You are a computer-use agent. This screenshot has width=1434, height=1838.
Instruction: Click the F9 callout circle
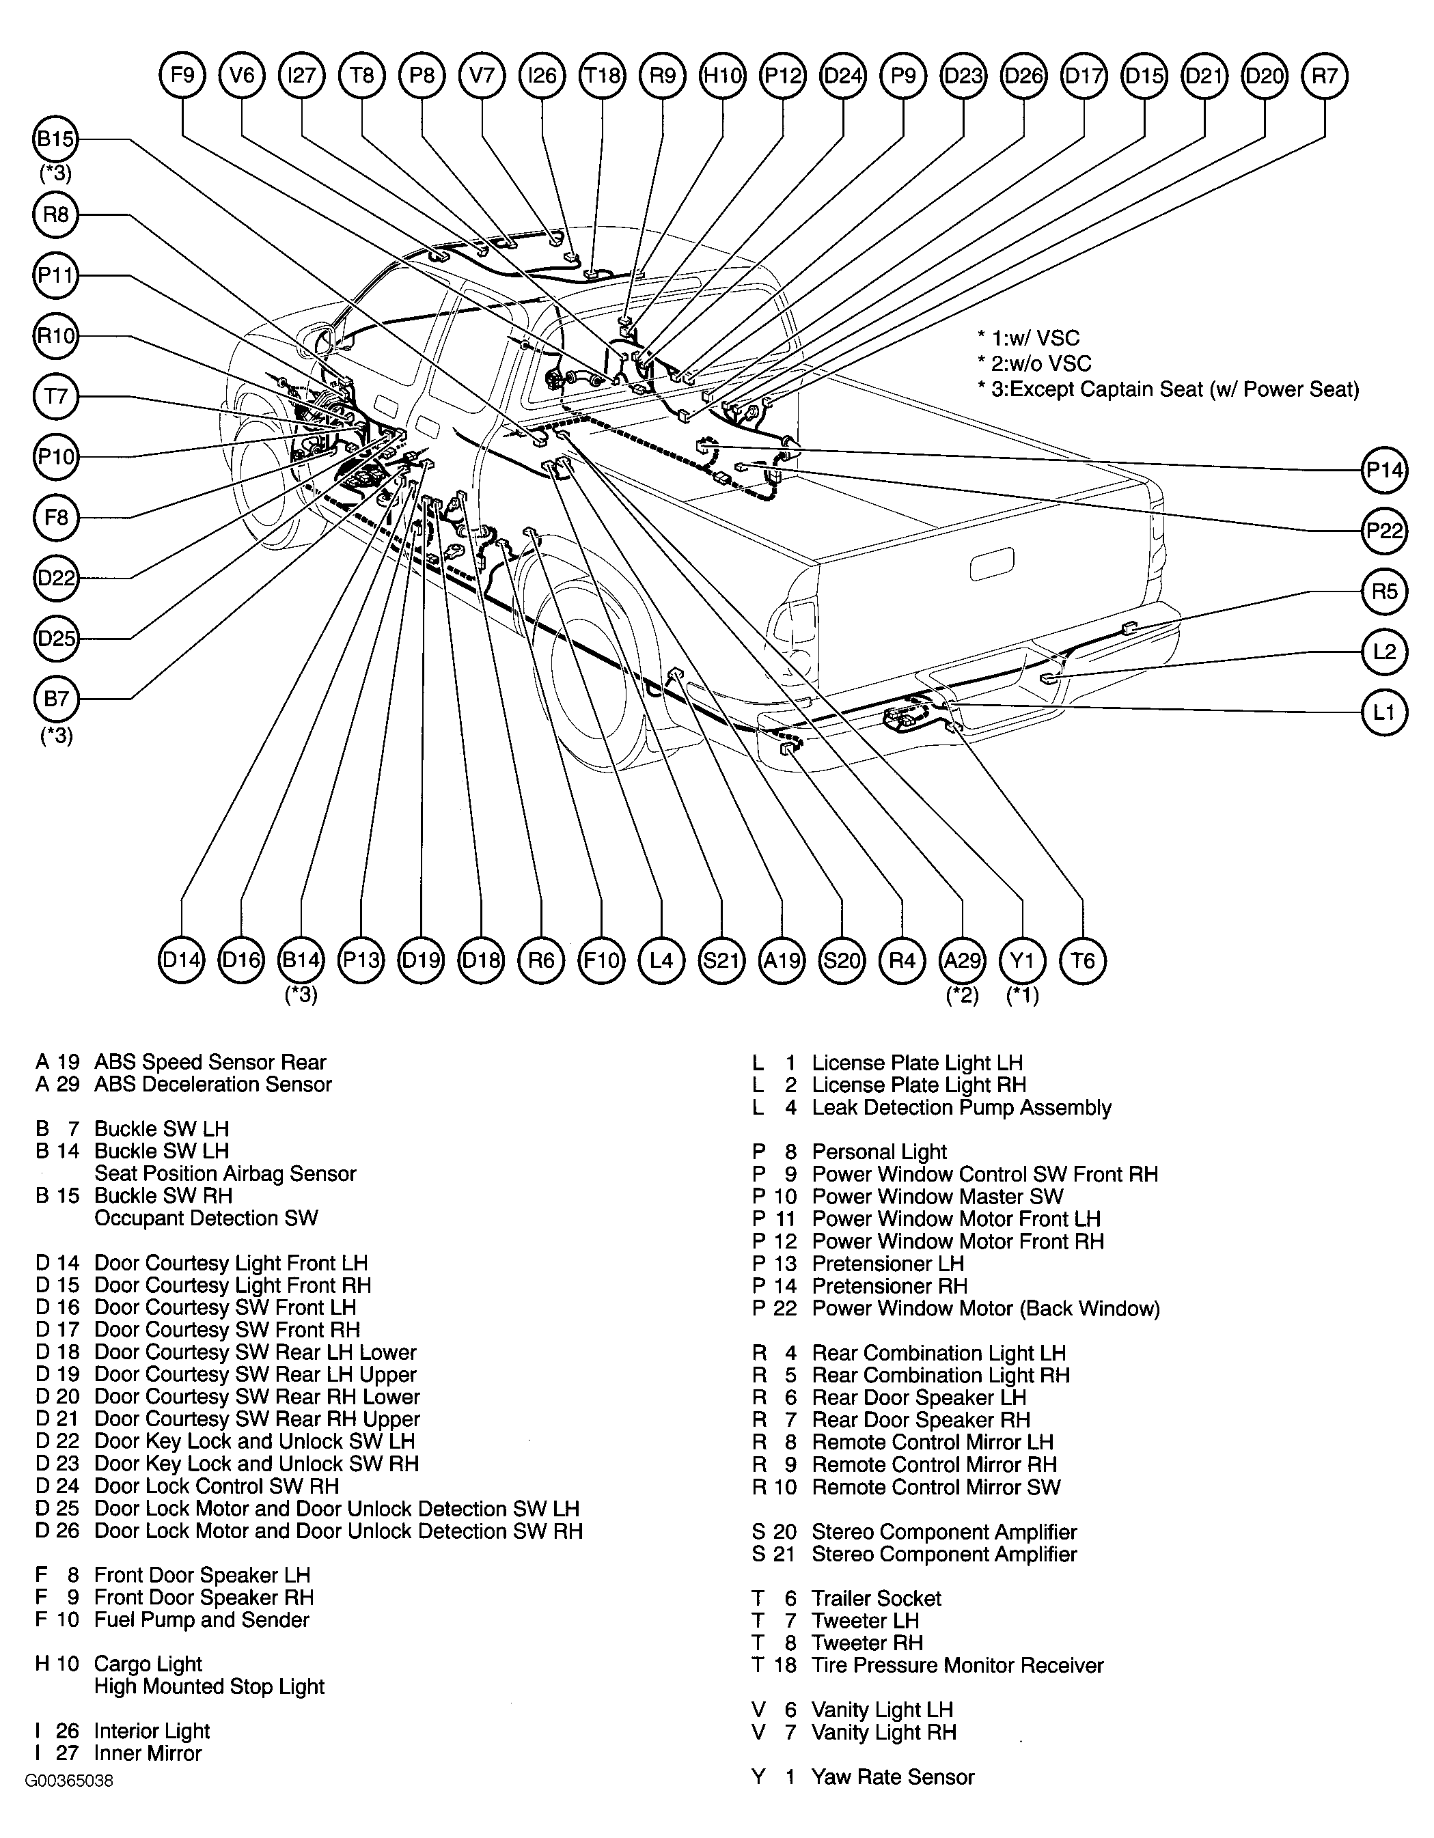182,76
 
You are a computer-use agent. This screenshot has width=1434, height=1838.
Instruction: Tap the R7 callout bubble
1325,76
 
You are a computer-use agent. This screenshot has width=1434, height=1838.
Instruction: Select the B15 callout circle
55,139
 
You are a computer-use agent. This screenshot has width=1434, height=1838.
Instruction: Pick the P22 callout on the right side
1384,531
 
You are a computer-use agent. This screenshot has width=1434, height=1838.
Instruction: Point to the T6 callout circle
1083,960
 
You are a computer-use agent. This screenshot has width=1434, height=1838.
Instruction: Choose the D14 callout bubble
182,960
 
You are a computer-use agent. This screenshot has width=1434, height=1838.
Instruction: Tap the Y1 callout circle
1023,960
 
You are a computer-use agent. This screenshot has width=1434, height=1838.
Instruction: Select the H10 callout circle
723,76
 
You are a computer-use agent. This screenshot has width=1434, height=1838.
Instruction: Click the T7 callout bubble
55,396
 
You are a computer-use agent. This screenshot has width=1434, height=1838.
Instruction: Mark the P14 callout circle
1384,471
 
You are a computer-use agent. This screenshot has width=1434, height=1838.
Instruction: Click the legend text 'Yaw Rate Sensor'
893,1777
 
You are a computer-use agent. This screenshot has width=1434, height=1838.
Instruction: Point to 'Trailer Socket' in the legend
876,1598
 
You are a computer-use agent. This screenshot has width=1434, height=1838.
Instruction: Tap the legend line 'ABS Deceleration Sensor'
213,1084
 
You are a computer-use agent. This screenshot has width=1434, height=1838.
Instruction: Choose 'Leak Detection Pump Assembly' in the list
961,1108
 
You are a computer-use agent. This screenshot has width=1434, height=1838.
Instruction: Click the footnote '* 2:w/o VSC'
1034,363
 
